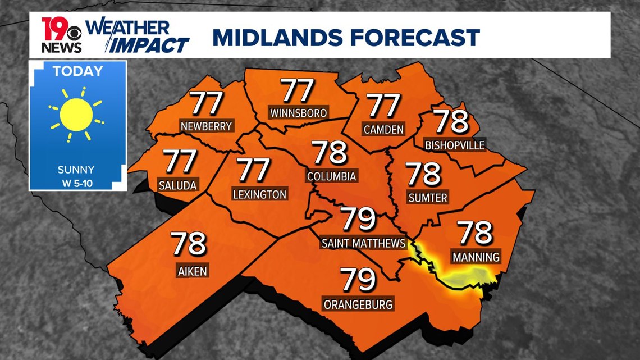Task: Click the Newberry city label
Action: [206, 126]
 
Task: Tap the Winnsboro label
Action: [298, 113]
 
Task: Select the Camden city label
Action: [383, 130]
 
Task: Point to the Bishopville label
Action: [454, 145]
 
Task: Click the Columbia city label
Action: [331, 176]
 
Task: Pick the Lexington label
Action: [259, 195]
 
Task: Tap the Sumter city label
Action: [428, 198]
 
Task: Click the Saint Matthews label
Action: [363, 243]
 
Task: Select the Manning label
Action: [475, 258]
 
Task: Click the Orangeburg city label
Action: [358, 304]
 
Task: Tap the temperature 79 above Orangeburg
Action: [358, 280]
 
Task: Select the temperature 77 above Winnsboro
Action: [298, 90]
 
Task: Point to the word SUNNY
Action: [76, 170]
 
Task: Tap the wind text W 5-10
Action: [77, 182]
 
